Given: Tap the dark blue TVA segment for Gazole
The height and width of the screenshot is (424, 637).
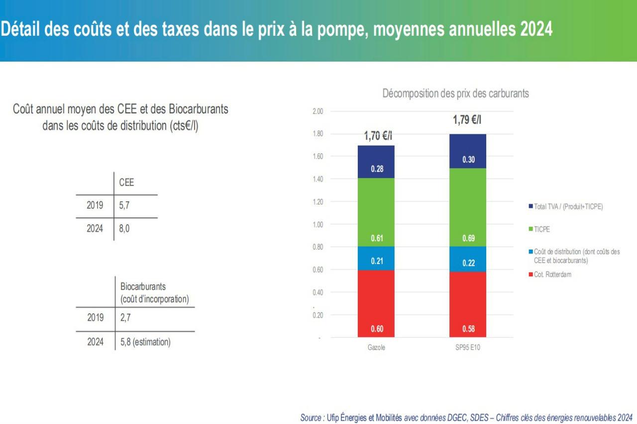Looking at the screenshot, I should click(376, 162).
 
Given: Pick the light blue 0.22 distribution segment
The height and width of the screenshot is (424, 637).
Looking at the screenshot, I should click(467, 259).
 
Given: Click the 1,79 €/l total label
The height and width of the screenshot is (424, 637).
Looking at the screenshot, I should click(467, 120).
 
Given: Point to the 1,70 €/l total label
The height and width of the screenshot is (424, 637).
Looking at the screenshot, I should click(379, 136).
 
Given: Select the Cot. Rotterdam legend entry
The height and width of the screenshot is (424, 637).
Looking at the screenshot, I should click(552, 274).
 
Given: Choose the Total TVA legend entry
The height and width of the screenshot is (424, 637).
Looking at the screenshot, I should click(568, 206).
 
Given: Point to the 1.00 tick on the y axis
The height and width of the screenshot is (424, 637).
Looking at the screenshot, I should click(317, 224).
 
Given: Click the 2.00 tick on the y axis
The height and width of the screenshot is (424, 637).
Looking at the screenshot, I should click(317, 111).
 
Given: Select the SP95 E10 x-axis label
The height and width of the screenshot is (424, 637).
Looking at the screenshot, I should click(467, 347).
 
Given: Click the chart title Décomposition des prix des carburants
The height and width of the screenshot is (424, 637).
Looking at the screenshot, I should click(455, 93).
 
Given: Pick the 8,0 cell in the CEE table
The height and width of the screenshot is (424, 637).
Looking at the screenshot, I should click(124, 229).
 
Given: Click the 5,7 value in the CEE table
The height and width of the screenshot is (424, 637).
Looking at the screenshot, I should click(124, 205).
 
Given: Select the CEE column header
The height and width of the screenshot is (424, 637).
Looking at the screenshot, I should click(126, 182).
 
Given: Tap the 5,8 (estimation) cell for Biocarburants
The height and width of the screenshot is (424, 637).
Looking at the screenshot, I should click(145, 342).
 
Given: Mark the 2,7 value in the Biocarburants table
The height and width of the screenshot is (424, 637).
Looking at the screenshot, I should click(125, 318).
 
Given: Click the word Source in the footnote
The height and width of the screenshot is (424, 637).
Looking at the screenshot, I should click(311, 418).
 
